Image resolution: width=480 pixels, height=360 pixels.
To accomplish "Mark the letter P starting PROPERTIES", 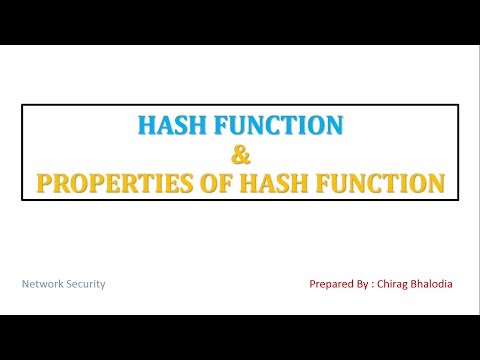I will (x=44, y=184).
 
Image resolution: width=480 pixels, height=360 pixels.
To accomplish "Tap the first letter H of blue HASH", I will (x=142, y=126).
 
